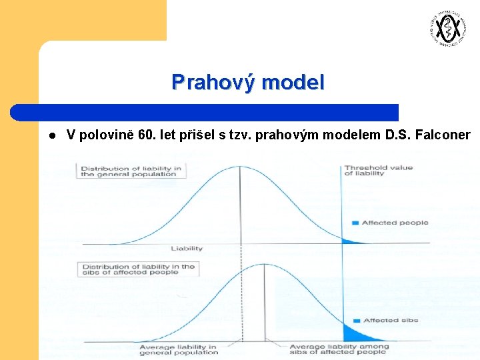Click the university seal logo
pyautogui.click(x=445, y=29)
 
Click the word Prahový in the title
pyautogui.click(x=214, y=82)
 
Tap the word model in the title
pyautogui.click(x=293, y=82)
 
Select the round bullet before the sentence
pyautogui.click(x=51, y=136)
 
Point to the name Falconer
pyautogui.click(x=443, y=135)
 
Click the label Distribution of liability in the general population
pyautogui.click(x=131, y=171)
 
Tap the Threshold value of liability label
pyautogui.click(x=378, y=171)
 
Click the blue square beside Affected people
pyautogui.click(x=355, y=223)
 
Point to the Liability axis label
pyautogui.click(x=187, y=249)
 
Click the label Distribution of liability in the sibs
pyautogui.click(x=138, y=269)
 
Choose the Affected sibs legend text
pyautogui.click(x=391, y=320)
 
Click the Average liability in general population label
pyautogui.click(x=179, y=349)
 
